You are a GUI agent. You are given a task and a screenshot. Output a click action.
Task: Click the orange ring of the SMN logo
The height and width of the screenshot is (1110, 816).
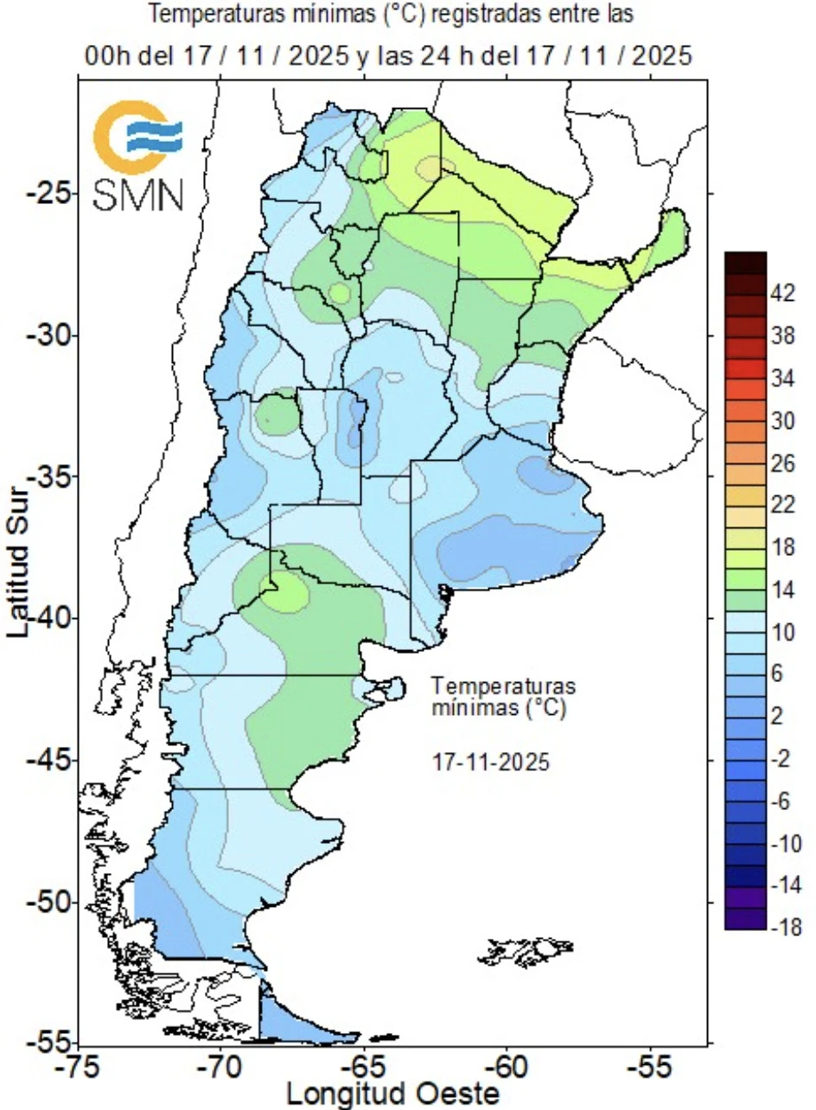(x=112, y=138)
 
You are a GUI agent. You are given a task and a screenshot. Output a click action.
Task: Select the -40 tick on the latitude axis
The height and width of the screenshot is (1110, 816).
(x=47, y=618)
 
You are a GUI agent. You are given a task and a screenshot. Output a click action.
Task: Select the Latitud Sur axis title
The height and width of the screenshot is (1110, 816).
(x=19, y=562)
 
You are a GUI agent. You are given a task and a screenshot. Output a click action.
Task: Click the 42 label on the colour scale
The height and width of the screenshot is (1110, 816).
(x=781, y=294)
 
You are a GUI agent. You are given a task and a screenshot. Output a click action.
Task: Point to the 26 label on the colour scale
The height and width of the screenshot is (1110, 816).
(x=781, y=463)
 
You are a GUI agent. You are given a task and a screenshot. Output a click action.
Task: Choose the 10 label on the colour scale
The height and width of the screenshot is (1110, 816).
(x=781, y=633)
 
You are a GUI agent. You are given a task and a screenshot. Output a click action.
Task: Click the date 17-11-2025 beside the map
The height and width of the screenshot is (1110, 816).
(x=490, y=763)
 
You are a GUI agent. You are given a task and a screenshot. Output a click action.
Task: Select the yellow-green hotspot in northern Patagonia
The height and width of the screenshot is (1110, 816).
(x=285, y=594)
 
